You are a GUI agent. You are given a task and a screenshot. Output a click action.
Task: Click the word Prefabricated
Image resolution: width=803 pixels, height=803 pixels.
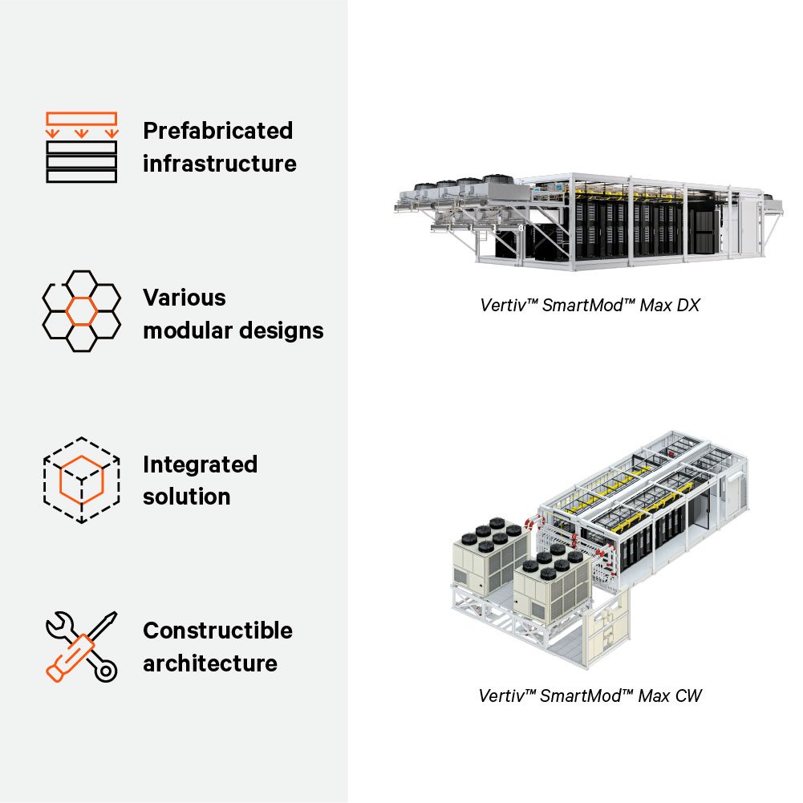click(x=217, y=131)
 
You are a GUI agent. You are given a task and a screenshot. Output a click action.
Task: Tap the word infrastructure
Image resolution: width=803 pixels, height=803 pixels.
click(x=219, y=164)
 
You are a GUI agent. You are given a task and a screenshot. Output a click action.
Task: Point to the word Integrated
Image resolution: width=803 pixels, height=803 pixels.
click(x=200, y=464)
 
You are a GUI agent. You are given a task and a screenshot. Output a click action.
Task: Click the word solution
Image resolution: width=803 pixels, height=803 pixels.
click(x=187, y=497)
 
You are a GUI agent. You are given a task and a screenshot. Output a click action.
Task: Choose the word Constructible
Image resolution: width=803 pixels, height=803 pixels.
click(x=217, y=631)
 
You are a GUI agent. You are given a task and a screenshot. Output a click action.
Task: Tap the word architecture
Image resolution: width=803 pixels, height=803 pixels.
click(x=210, y=664)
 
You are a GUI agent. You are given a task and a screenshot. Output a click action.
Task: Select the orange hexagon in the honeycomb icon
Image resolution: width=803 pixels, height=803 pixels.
click(x=81, y=310)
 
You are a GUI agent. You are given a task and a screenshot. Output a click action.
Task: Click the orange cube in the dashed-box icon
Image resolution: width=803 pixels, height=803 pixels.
click(x=81, y=479)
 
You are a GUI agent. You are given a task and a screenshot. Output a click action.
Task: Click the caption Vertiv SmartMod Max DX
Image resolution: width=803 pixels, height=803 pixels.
click(x=590, y=305)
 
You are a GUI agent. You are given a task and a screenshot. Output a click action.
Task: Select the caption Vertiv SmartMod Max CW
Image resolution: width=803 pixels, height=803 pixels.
click(x=590, y=696)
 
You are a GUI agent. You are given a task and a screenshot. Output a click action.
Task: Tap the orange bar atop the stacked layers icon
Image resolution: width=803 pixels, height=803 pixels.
click(x=81, y=118)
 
